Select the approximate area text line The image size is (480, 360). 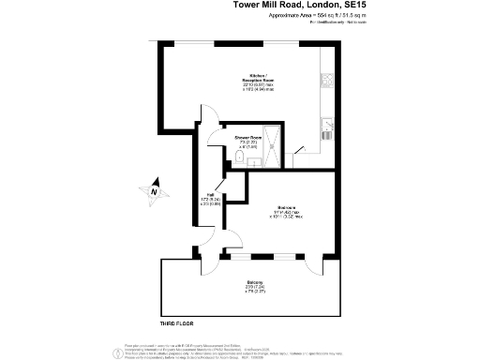[317, 17]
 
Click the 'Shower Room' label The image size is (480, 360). [247, 137]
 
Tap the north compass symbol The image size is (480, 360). [154, 193]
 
